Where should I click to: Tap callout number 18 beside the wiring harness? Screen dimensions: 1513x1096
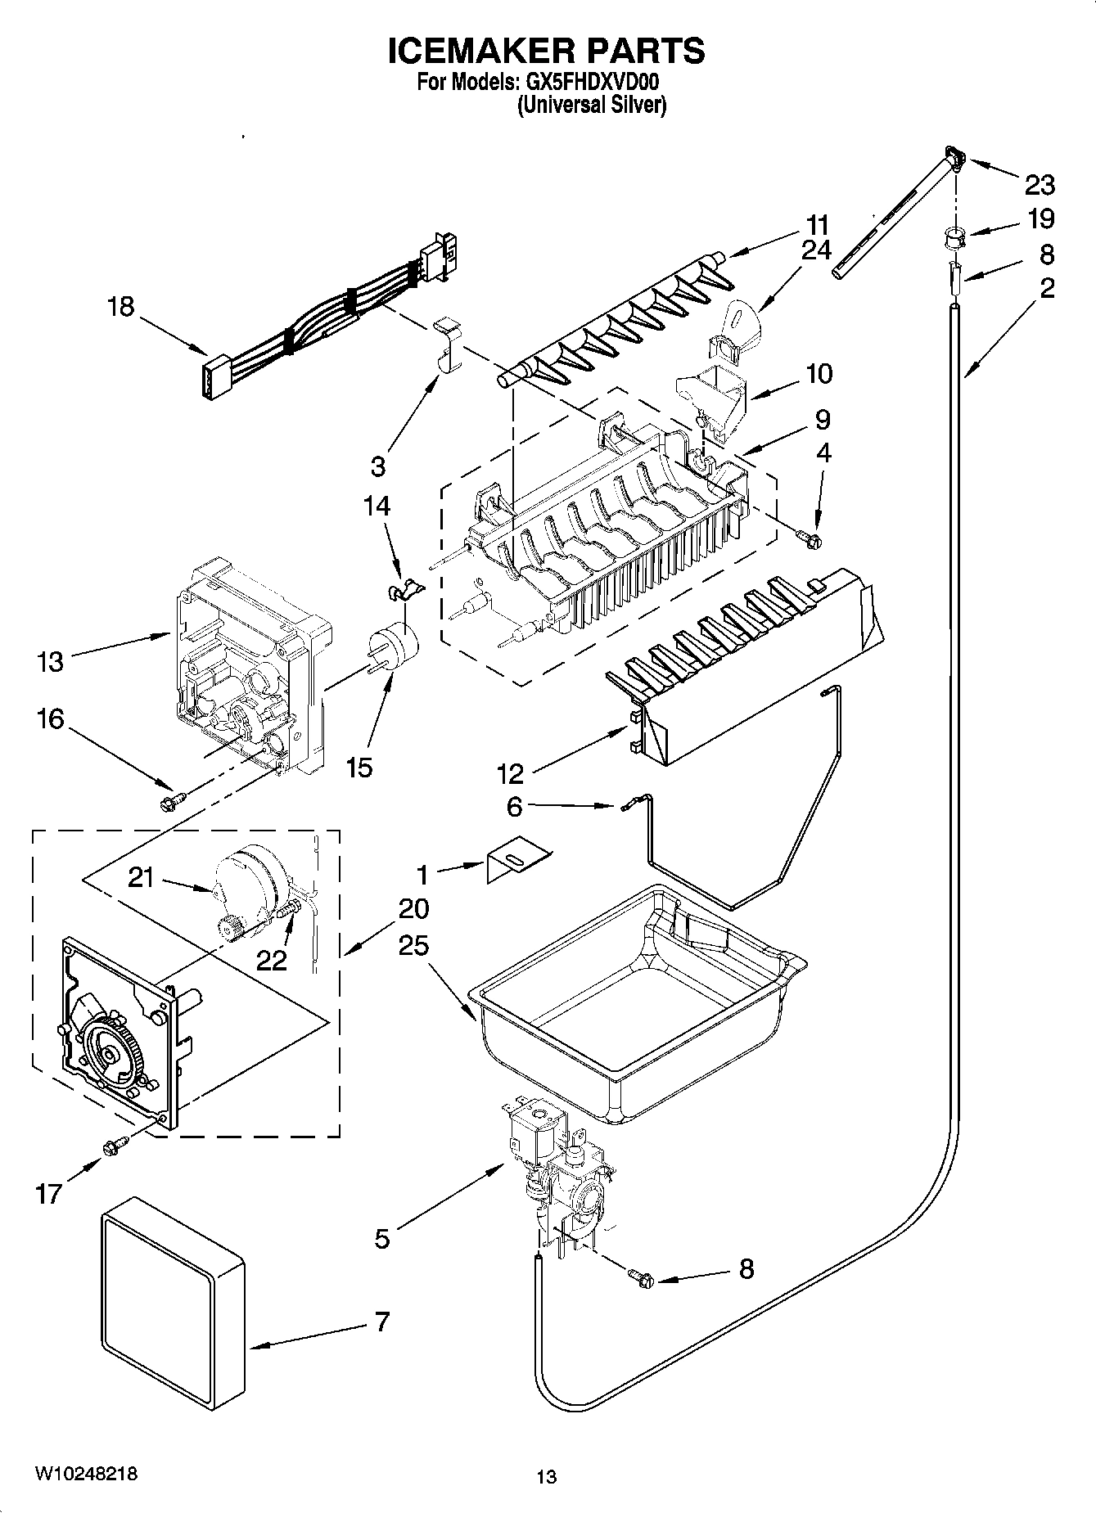pos(121,308)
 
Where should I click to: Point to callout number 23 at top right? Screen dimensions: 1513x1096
pos(1040,186)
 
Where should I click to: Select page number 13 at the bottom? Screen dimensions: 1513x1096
pos(546,1477)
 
